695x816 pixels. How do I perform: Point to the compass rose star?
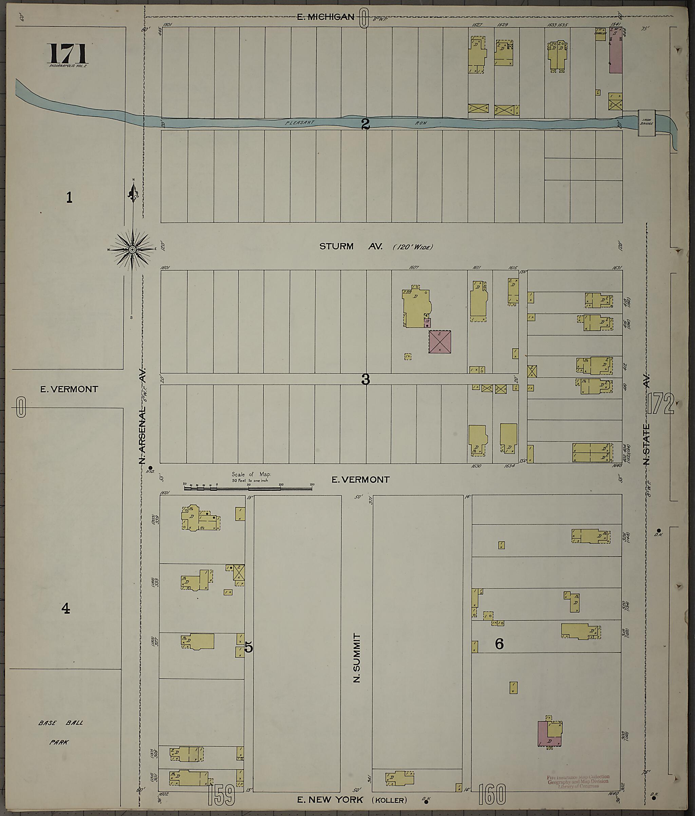[x=133, y=250]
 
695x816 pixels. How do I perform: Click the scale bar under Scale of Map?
[x=248, y=489]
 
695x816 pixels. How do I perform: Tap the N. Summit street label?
[x=357, y=658]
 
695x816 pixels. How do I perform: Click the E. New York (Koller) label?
[x=352, y=800]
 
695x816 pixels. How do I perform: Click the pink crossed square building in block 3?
[x=440, y=342]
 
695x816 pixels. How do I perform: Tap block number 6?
[x=499, y=643]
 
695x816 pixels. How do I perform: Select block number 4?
[x=65, y=608]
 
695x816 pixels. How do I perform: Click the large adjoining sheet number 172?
[x=660, y=404]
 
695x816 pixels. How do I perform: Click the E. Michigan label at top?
[x=325, y=17]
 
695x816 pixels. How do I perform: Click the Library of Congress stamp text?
[x=578, y=781]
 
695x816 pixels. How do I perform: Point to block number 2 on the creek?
[x=365, y=124]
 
